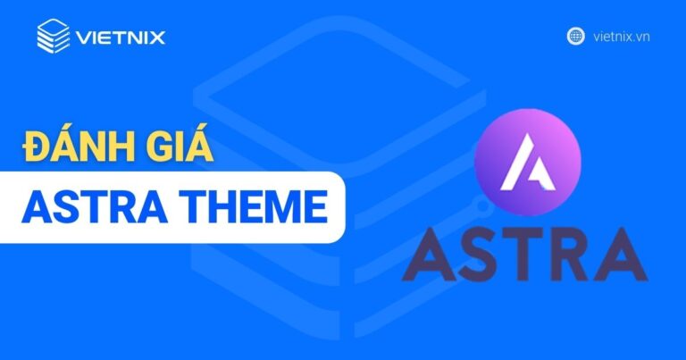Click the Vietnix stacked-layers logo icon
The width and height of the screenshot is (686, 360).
pos(53,36)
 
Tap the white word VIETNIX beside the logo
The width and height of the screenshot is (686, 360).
pos(121,38)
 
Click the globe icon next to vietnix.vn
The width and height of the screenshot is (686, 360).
pos(576,37)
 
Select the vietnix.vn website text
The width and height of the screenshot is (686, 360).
pos(619,37)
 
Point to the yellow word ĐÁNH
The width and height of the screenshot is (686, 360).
pos(77,147)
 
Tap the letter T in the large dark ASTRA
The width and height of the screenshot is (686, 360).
pos(523,255)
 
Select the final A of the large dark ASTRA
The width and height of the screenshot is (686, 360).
pos(622,255)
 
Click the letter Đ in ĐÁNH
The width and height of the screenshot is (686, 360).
pos(37,147)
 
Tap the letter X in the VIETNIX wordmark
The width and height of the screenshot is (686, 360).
pos(157,38)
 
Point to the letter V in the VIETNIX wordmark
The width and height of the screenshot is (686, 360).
pos(84,38)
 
